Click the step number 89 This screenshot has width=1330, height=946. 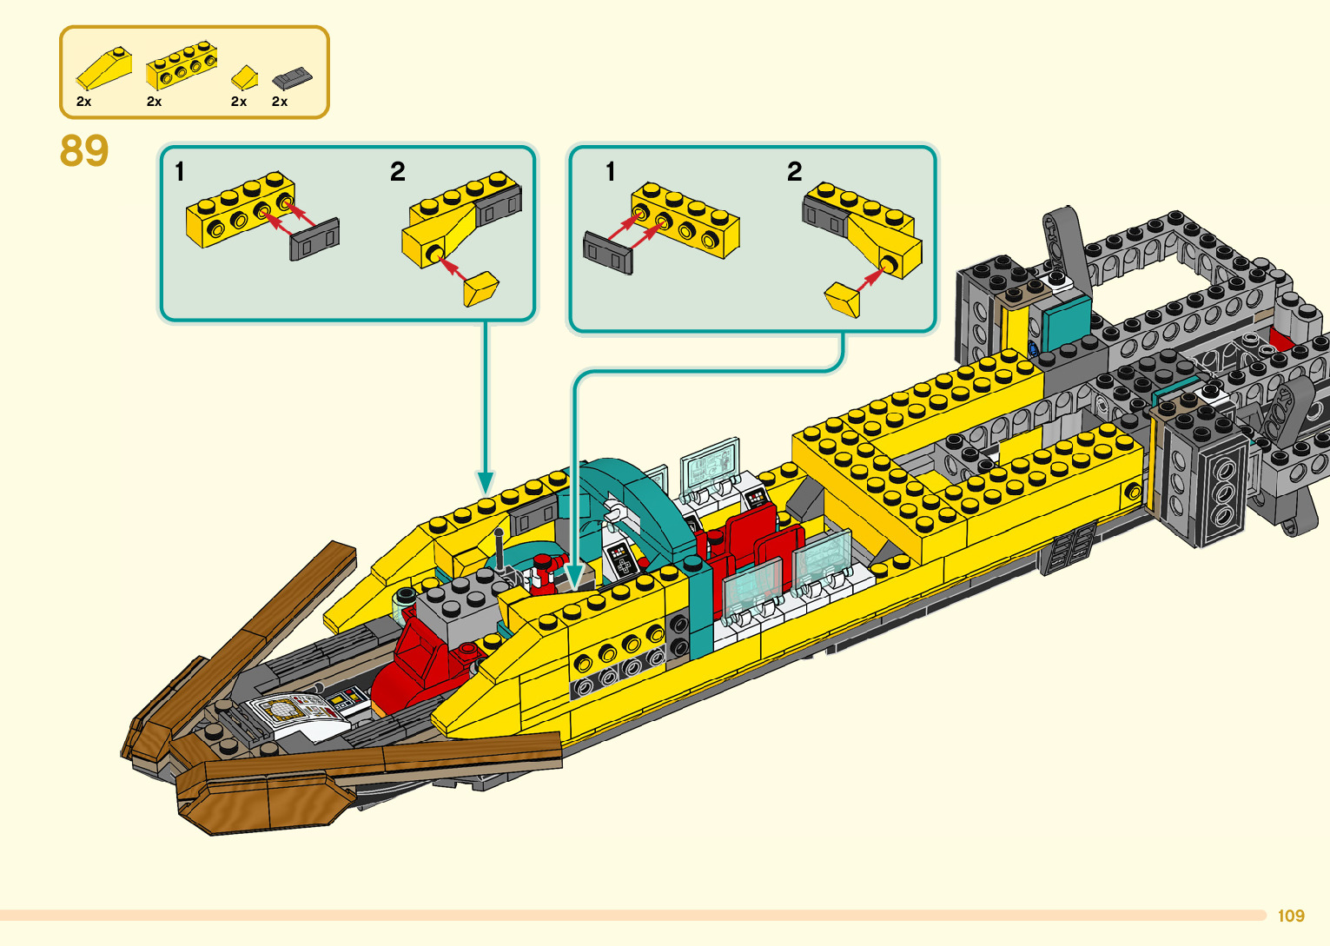coord(84,150)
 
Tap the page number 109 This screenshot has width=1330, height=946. coord(1291,916)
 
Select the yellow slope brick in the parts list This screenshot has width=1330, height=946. coord(103,68)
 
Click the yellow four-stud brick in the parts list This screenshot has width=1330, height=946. coord(181,65)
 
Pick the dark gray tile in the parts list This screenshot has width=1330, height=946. coord(291,79)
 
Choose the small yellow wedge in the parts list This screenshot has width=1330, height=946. coord(245,77)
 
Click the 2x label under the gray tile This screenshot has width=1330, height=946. coord(280,102)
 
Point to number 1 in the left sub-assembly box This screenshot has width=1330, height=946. coord(180,171)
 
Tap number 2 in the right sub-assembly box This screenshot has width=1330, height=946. coord(794,171)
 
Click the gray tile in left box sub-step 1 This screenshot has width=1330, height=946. coord(314,240)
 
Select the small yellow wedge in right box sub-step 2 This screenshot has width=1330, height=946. coord(842,298)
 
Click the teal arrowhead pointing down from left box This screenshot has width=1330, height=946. coord(486,482)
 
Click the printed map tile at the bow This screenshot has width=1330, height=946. coord(287,711)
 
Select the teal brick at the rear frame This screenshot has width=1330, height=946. coord(1066,321)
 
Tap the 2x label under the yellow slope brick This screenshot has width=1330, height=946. coord(83,102)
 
